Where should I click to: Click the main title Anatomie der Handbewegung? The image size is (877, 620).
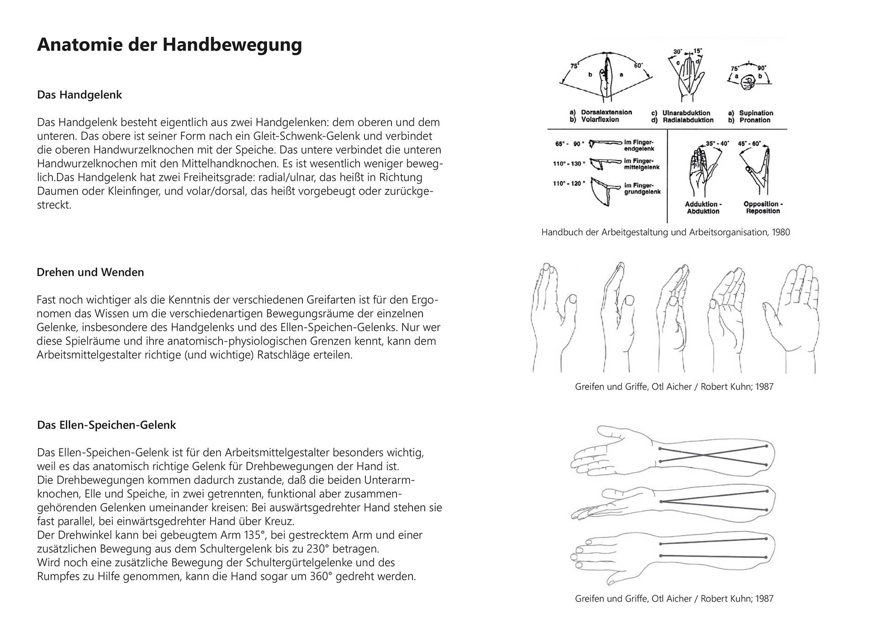pyautogui.click(x=169, y=45)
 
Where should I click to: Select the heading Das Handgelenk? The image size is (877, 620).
pyautogui.click(x=79, y=95)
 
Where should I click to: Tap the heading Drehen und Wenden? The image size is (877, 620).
pyautogui.click(x=90, y=272)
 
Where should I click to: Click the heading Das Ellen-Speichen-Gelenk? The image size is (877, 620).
pyautogui.click(x=106, y=425)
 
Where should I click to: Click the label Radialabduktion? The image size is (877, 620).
pyautogui.click(x=688, y=120)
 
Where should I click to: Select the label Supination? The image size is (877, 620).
pyautogui.click(x=756, y=113)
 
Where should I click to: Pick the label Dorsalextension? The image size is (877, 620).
pyautogui.click(x=606, y=112)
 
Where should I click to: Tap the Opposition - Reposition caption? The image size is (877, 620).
pyautogui.click(x=763, y=208)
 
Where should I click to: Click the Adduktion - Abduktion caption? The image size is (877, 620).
pyautogui.click(x=703, y=208)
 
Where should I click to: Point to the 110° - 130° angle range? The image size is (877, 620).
pyautogui.click(x=569, y=163)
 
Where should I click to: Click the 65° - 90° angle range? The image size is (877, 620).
pyautogui.click(x=569, y=144)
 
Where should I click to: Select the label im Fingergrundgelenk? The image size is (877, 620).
pyautogui.click(x=642, y=189)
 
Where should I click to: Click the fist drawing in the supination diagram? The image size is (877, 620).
pyautogui.click(x=748, y=82)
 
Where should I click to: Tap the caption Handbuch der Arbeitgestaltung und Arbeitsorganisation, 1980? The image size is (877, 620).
pyautogui.click(x=666, y=232)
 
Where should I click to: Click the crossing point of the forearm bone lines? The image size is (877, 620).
pyautogui.click(x=706, y=455)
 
